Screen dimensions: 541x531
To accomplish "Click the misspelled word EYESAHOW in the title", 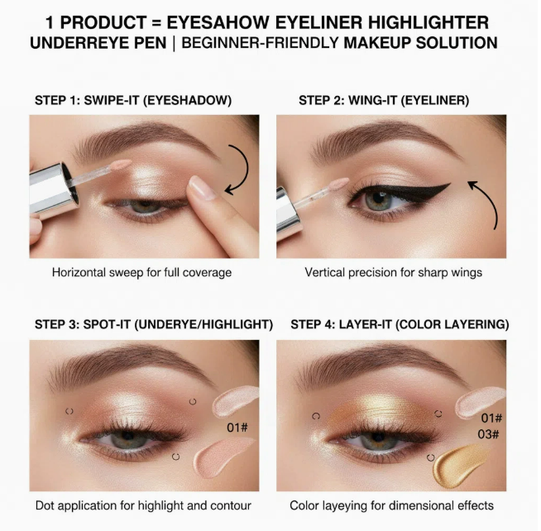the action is pos(218,23).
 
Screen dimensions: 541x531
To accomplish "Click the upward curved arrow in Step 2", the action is pos(491,200).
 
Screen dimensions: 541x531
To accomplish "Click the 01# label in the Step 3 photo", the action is pos(237,428).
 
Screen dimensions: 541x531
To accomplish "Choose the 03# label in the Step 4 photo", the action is pos(488,434).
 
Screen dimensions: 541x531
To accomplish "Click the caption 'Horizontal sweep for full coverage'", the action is pos(141,273).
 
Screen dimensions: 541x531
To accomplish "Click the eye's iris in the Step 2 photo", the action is pos(378,200).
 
